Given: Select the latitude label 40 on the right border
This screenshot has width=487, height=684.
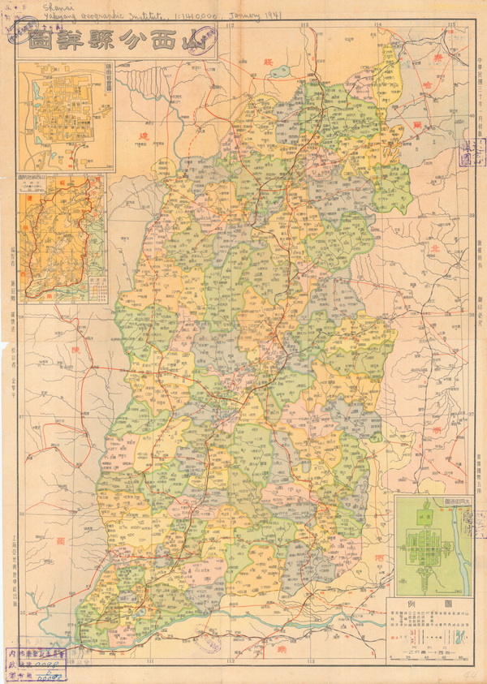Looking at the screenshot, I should coord(472,114).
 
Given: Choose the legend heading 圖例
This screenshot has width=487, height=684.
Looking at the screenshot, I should coord(425,604).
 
